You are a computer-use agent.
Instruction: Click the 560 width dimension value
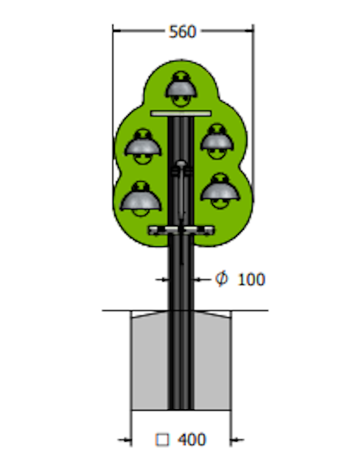click(x=183, y=31)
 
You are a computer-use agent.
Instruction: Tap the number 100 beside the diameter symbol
click(x=251, y=280)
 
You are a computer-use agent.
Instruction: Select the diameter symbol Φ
click(x=221, y=279)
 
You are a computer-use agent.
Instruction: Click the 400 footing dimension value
click(x=192, y=439)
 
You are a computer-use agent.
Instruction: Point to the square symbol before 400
click(x=162, y=440)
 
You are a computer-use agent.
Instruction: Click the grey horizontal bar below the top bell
click(x=181, y=113)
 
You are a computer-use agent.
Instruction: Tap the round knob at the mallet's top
click(x=181, y=164)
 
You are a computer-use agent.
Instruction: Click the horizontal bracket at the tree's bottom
click(x=181, y=230)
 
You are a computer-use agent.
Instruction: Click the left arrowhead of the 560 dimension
click(x=116, y=31)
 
